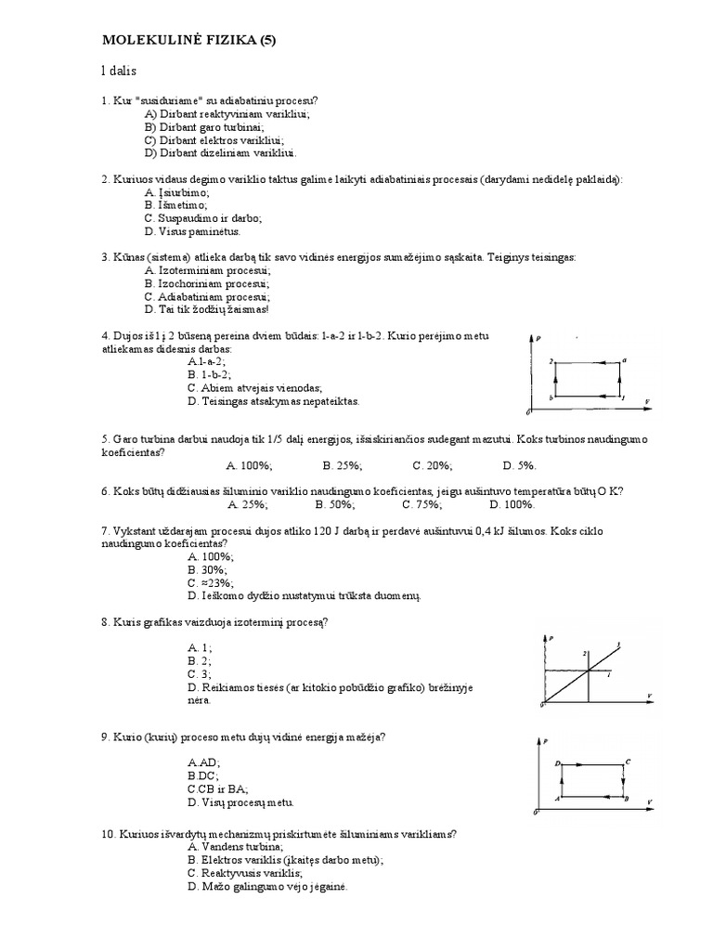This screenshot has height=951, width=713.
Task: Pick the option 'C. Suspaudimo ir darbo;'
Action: [x=203, y=218]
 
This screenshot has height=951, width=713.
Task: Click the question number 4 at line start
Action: [x=105, y=335]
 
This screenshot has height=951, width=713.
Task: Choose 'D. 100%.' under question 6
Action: [x=514, y=504]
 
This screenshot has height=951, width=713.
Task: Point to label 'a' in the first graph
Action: [x=625, y=359]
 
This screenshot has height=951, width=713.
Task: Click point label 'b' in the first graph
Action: [x=552, y=397]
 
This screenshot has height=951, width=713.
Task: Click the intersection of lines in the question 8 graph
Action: [x=588, y=671]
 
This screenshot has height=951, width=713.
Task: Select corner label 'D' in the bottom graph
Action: [x=556, y=762]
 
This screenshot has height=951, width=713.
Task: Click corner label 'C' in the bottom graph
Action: [x=629, y=762]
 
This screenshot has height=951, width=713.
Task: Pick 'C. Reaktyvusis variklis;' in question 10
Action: [x=243, y=873]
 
